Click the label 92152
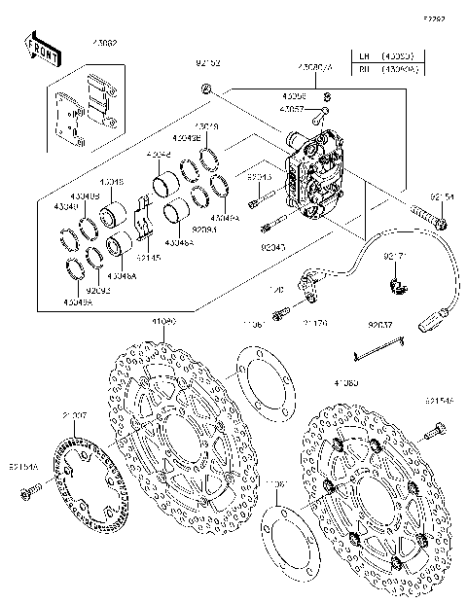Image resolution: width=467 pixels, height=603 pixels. [209, 64]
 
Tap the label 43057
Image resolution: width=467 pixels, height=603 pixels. [293, 110]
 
